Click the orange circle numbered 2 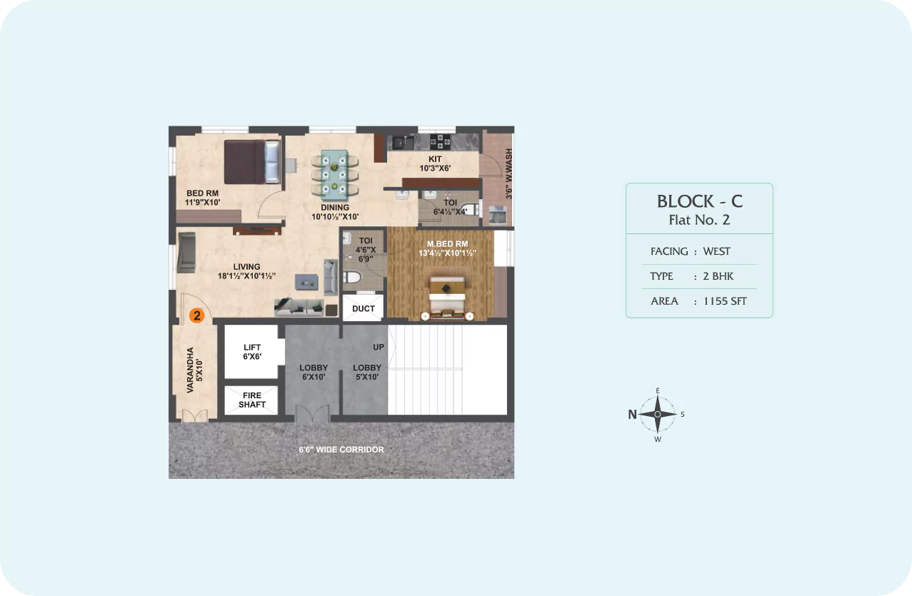197,315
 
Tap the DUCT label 364,308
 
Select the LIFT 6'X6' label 252,352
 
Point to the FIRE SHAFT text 252,400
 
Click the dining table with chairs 335,176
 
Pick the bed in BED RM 252,162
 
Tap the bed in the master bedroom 447,296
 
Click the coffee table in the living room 306,282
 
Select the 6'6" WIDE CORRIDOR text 341,450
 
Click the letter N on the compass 632,414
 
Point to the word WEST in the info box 716,251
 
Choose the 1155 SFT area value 725,301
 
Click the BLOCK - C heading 699,201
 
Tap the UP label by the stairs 379,347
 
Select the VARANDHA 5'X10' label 194,370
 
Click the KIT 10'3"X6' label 435,163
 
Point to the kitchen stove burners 440,141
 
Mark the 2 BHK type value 718,276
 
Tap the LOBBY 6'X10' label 314,373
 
